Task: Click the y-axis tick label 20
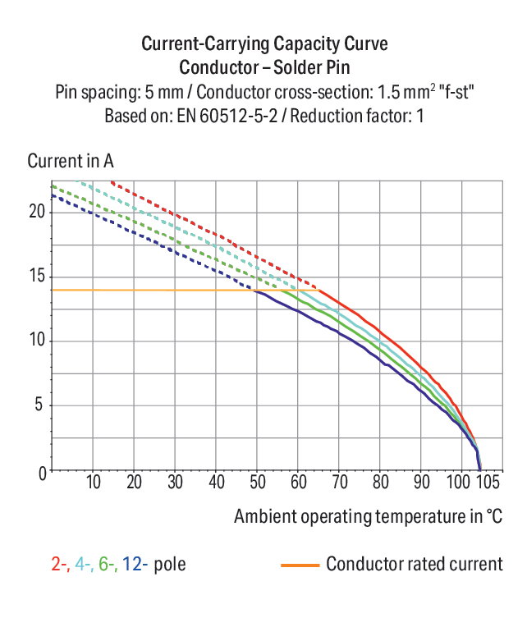point(38,212)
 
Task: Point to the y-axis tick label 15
point(38,276)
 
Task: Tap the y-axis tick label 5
point(39,404)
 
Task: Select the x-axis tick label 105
point(488,482)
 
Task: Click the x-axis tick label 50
point(258,482)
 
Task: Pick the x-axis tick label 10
point(94,482)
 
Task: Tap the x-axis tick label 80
point(380,482)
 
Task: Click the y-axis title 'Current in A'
point(71,161)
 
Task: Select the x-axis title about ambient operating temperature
point(368,516)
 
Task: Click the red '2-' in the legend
point(60,564)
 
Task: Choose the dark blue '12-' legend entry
point(135,564)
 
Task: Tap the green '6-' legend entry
point(108,564)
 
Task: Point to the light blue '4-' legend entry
point(84,564)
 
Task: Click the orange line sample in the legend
point(300,565)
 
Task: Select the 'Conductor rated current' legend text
point(415,564)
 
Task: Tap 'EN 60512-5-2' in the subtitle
point(227,116)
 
